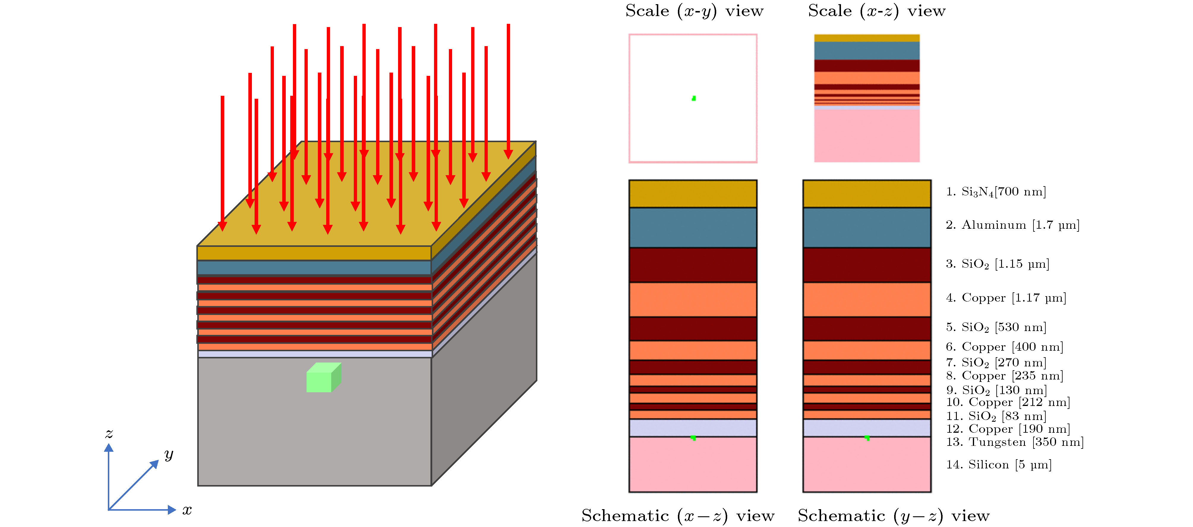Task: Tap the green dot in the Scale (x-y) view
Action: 693,98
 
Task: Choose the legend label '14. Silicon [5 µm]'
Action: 998,465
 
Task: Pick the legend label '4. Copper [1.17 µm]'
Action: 1006,298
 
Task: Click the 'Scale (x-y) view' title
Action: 694,11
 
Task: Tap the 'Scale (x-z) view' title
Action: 876,11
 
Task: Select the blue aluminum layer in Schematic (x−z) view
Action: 693,228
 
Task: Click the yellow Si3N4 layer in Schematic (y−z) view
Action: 867,194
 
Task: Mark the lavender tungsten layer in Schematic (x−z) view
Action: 693,427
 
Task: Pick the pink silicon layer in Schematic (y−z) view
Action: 867,466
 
